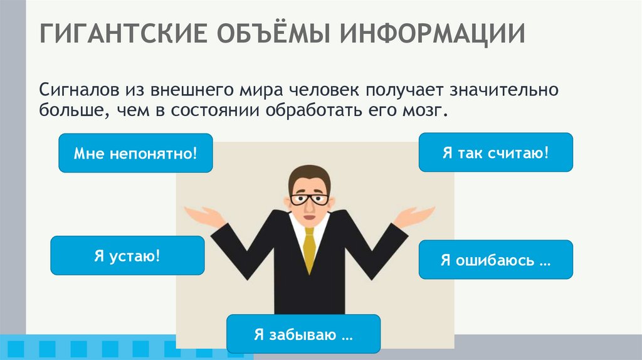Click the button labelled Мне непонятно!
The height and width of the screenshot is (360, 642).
click(135, 153)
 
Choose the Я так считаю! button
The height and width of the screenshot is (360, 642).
click(495, 152)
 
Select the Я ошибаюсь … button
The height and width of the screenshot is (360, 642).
click(495, 260)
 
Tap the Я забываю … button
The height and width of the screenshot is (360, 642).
click(303, 334)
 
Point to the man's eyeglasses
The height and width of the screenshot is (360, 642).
click(309, 200)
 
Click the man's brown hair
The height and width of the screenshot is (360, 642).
click(309, 176)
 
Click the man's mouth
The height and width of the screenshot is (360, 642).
click(308, 215)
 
